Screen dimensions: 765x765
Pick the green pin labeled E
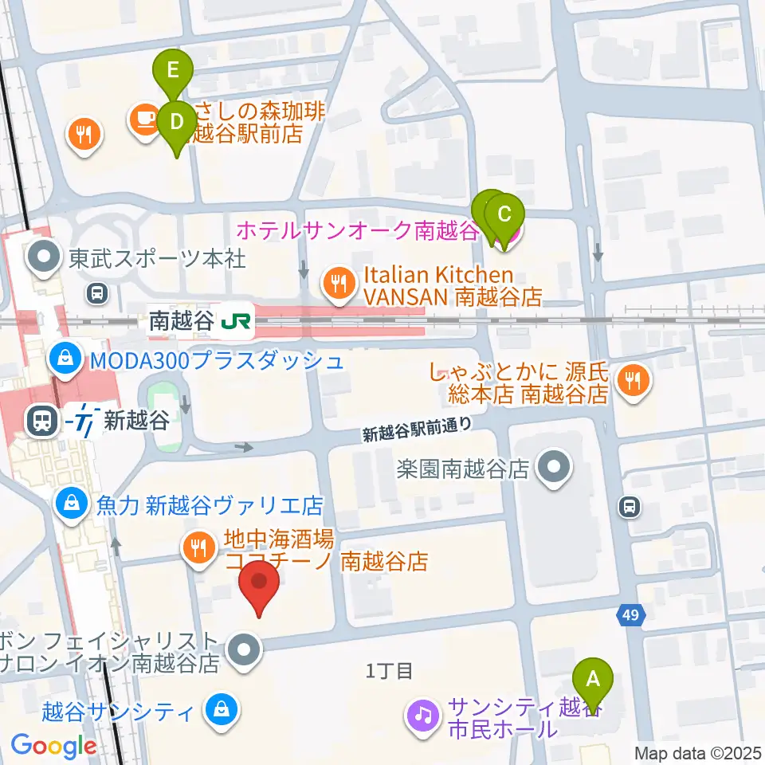pos(173,72)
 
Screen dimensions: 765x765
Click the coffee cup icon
pos(143,120)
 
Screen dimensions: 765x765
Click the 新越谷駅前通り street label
pos(411,431)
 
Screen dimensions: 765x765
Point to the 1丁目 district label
pos(389,671)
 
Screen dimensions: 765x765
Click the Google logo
pos(54,747)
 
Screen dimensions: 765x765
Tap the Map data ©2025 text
pos(697,753)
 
